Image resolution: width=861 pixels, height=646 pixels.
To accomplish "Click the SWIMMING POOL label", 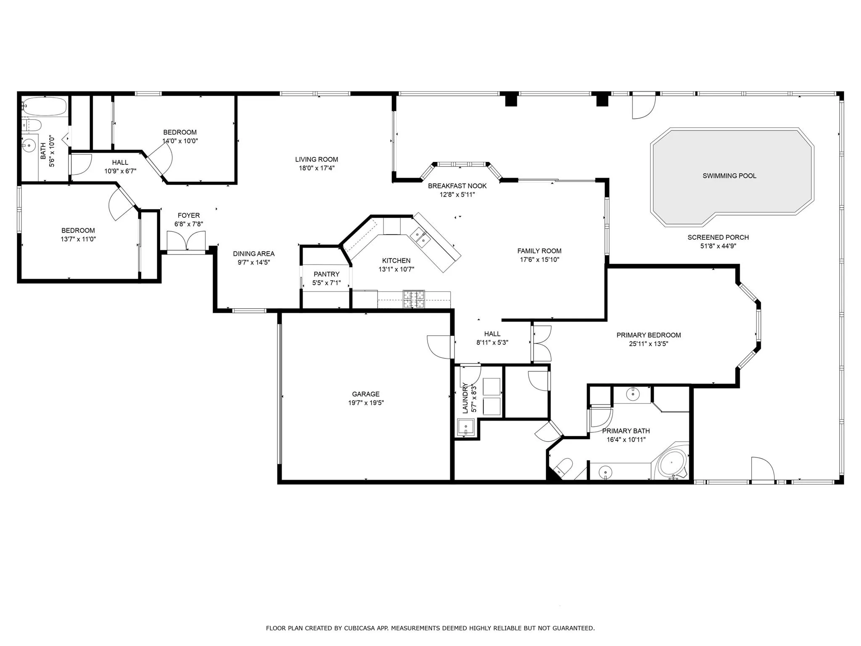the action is [x=729, y=176].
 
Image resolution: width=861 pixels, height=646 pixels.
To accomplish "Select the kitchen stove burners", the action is [x=414, y=299].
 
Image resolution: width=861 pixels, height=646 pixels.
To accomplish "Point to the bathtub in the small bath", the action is [x=45, y=106].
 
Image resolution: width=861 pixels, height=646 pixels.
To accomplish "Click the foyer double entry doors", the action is [x=186, y=242].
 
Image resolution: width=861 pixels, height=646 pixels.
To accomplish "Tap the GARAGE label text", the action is [x=366, y=394].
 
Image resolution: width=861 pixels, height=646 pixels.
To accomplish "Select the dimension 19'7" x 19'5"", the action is [x=366, y=403].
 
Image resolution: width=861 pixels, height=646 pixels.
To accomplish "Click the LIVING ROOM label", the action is [x=317, y=159].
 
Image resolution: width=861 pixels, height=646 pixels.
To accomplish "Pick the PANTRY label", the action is [x=326, y=274].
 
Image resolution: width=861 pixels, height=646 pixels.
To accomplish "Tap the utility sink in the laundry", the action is [x=466, y=428].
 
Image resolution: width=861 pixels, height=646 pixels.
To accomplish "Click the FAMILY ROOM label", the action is [x=539, y=251].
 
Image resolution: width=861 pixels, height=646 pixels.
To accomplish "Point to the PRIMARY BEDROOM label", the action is [x=649, y=335].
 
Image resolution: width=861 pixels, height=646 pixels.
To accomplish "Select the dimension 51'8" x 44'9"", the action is [x=718, y=246].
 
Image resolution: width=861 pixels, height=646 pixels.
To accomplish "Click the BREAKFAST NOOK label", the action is [x=457, y=186].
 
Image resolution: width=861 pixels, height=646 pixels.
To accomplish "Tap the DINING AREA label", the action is [x=254, y=254].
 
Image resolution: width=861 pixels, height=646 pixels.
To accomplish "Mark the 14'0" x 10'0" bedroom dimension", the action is [x=180, y=141].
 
